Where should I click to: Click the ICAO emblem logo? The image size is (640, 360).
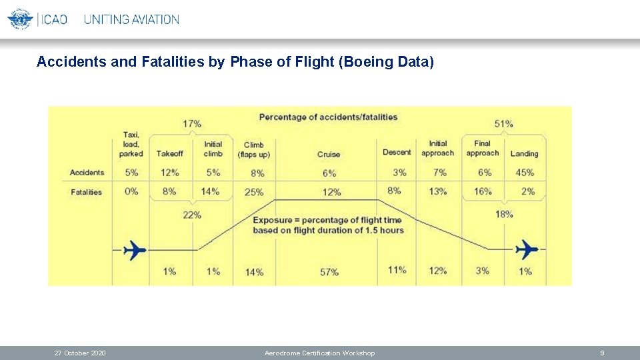click(20, 19)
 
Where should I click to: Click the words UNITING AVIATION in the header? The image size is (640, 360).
click(131, 19)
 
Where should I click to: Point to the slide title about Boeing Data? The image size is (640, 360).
click(235, 62)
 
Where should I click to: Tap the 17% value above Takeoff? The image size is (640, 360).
click(192, 123)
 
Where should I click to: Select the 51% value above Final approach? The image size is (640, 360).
click(503, 123)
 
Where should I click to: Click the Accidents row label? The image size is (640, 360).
click(87, 173)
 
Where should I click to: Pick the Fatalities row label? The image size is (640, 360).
click(86, 192)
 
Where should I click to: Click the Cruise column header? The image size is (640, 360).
click(329, 154)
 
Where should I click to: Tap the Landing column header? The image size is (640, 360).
click(524, 154)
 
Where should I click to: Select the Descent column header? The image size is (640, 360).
click(397, 152)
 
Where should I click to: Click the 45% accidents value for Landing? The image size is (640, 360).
click(525, 173)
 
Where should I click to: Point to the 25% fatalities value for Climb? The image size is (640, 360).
click(254, 192)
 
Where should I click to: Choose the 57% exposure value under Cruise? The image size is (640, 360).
click(329, 271)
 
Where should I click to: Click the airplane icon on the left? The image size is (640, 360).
click(135, 249)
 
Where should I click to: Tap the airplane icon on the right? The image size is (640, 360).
click(527, 249)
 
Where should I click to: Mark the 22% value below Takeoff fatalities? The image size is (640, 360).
click(192, 215)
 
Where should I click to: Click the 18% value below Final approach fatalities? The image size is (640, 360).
click(504, 214)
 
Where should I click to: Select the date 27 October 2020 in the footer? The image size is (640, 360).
click(79, 353)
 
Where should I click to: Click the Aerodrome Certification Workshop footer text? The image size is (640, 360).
click(319, 353)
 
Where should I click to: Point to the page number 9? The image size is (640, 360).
click(602, 353)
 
